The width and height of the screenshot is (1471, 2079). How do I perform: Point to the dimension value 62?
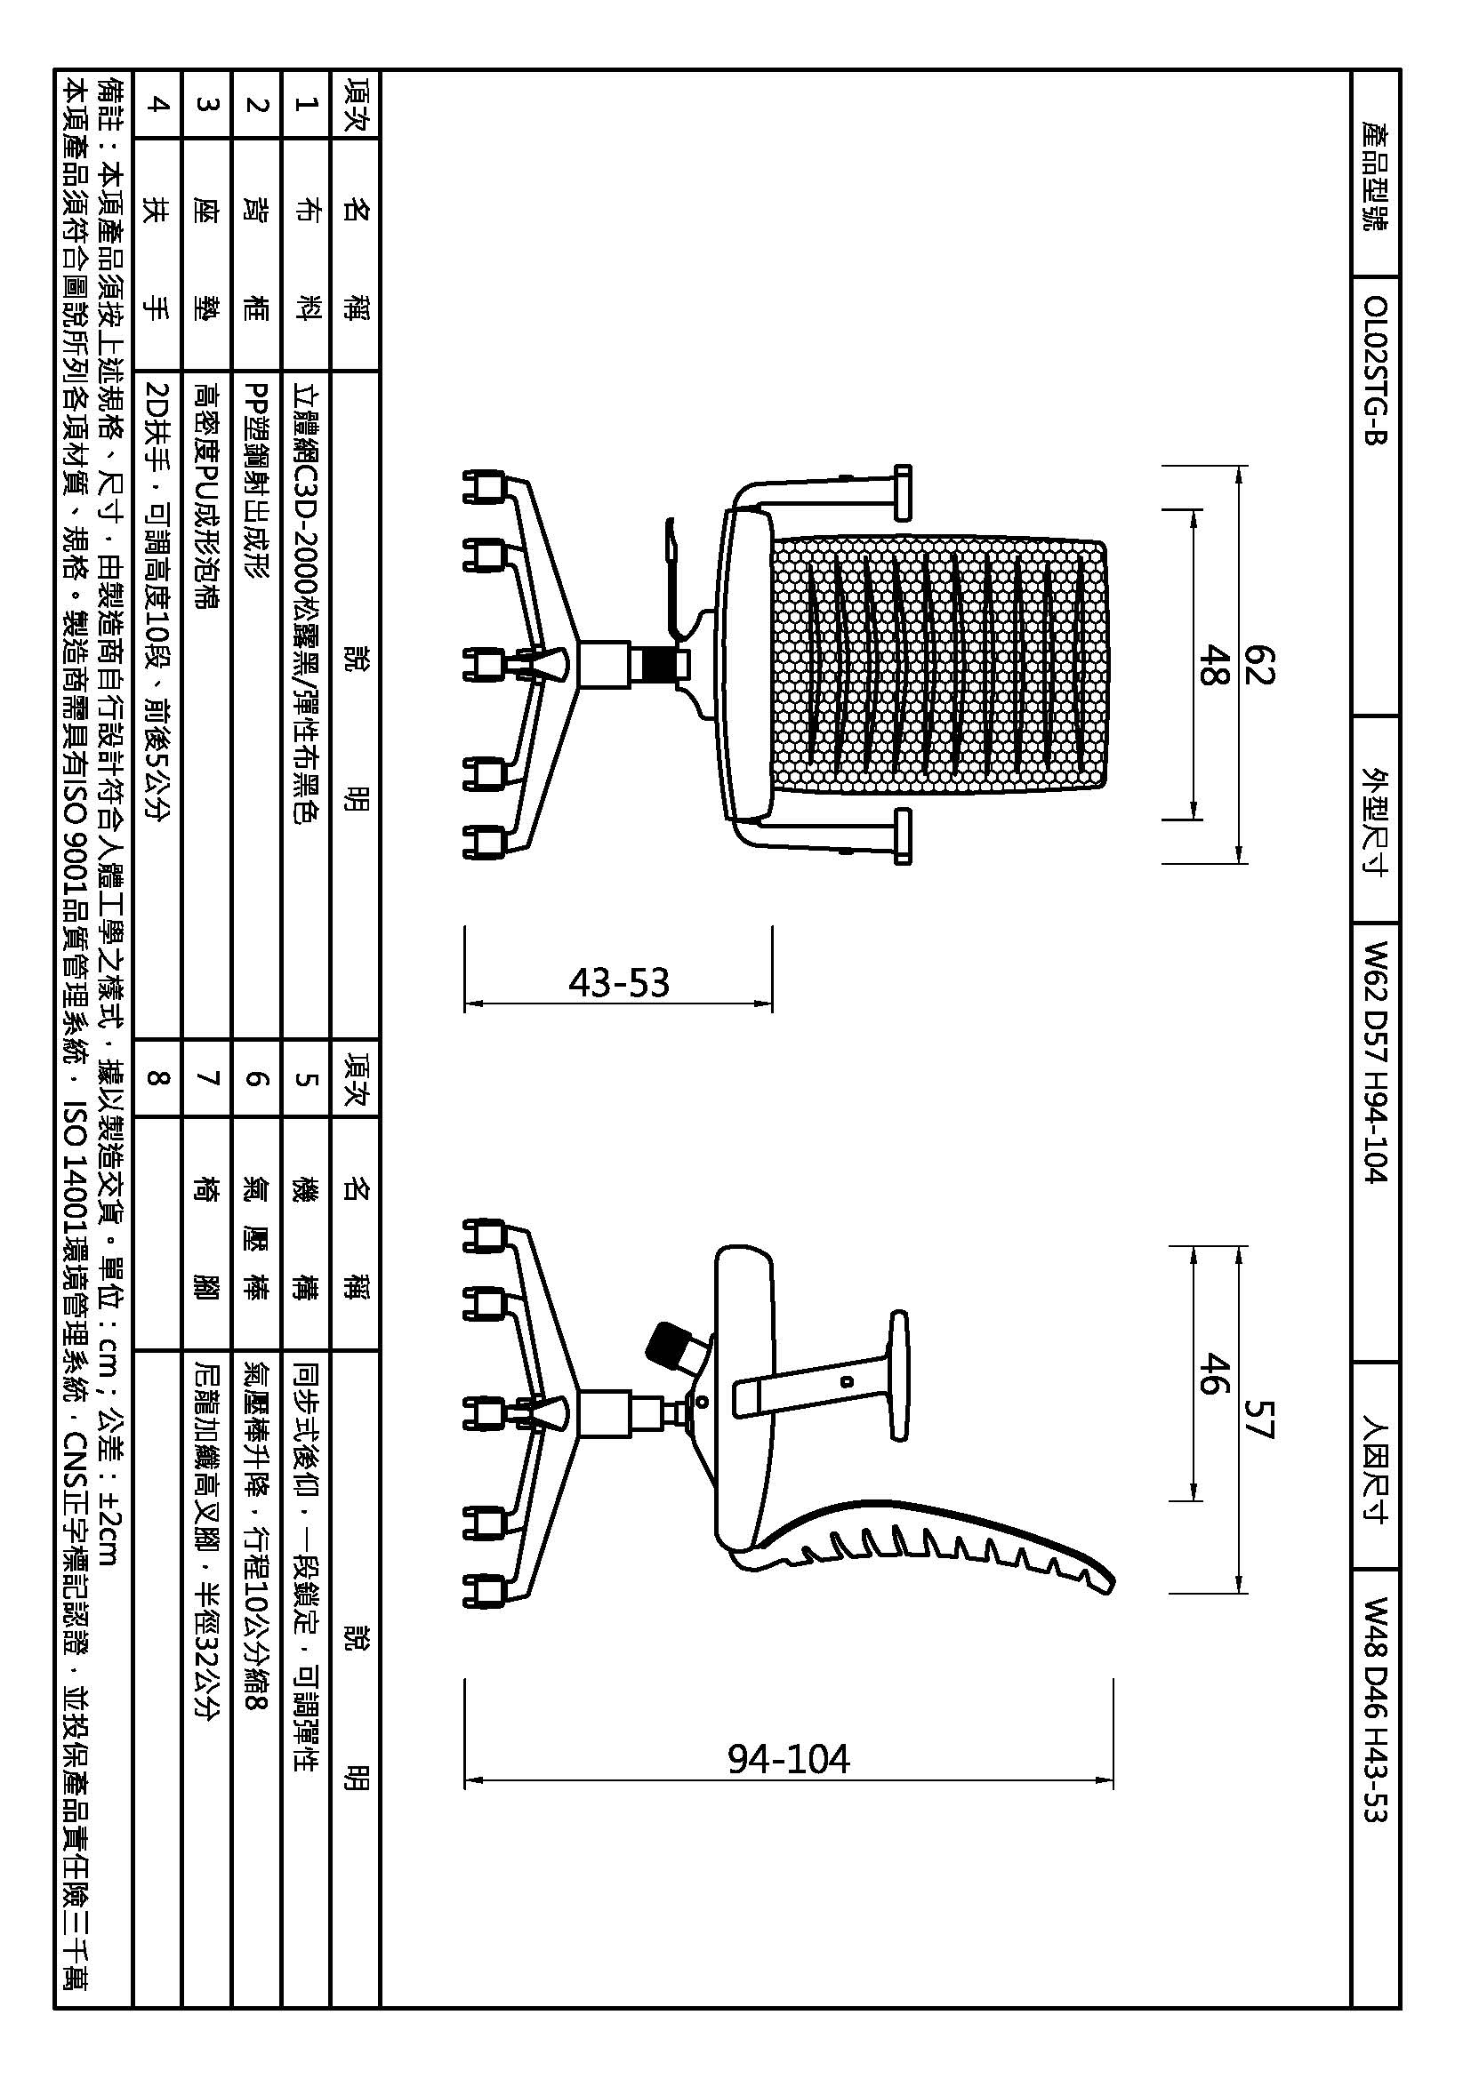click(1259, 664)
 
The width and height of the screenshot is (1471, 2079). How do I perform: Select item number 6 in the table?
click(257, 1077)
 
